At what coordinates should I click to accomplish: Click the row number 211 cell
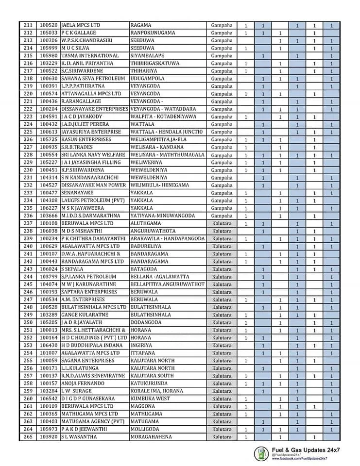point(28,25)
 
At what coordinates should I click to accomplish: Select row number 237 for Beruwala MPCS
point(28,223)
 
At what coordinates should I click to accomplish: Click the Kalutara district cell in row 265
point(222,437)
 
